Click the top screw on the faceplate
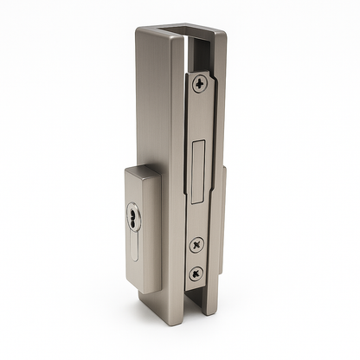pyautogui.click(x=201, y=84)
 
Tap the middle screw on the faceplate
pyautogui.click(x=198, y=245)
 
